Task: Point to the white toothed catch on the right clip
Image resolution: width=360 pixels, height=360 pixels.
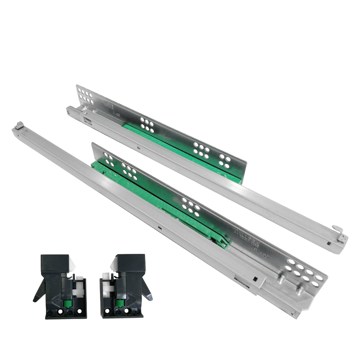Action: (x=107, y=288)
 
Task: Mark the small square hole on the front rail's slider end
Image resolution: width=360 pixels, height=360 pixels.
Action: (x=255, y=279)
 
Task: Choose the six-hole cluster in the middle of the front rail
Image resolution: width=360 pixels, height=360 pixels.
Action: (x=191, y=207)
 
